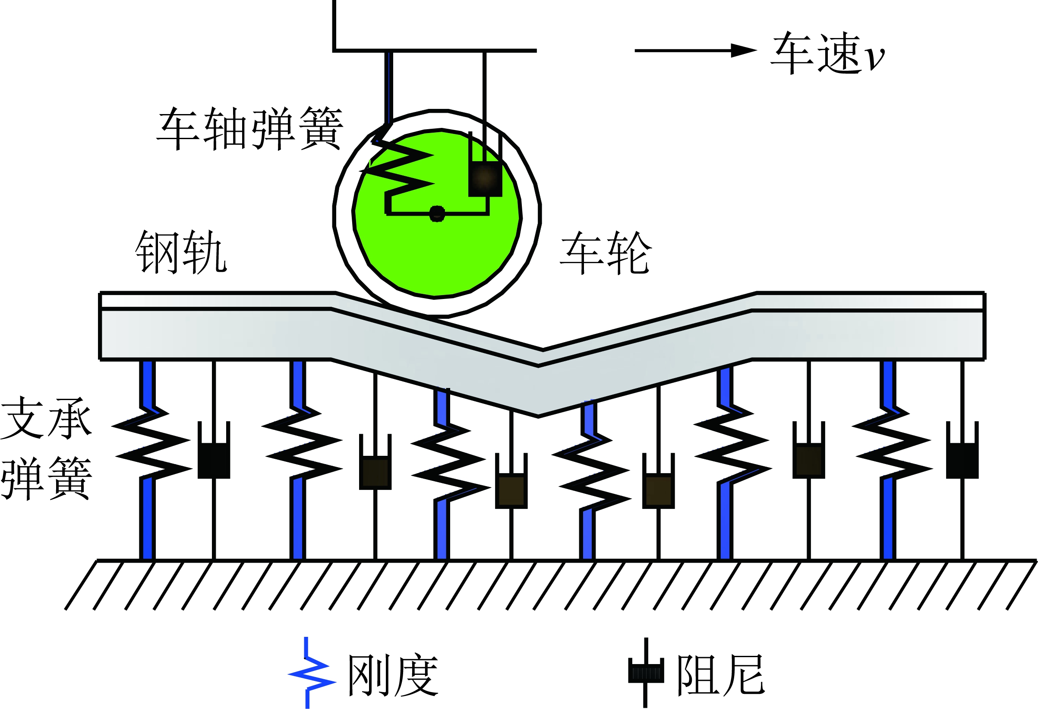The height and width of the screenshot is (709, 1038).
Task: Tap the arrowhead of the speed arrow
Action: pyautogui.click(x=744, y=51)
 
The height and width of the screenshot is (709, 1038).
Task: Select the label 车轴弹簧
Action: pyautogui.click(x=250, y=129)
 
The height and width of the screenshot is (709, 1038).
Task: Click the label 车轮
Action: pyautogui.click(x=606, y=253)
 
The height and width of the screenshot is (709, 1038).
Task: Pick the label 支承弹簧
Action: pyautogui.click(x=46, y=448)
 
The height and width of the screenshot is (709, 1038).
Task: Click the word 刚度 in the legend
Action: pyautogui.click(x=393, y=675)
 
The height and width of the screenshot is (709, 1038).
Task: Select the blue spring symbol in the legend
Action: pyautogui.click(x=311, y=673)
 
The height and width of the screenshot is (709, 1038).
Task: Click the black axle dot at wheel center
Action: pyautogui.click(x=437, y=214)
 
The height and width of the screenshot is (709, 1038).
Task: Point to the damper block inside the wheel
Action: pyautogui.click(x=485, y=178)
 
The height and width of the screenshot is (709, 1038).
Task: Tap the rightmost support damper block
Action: pyautogui.click(x=962, y=461)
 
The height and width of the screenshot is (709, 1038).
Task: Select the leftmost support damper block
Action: pyautogui.click(x=214, y=461)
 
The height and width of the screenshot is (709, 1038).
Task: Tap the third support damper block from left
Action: pyautogui.click(x=511, y=491)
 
